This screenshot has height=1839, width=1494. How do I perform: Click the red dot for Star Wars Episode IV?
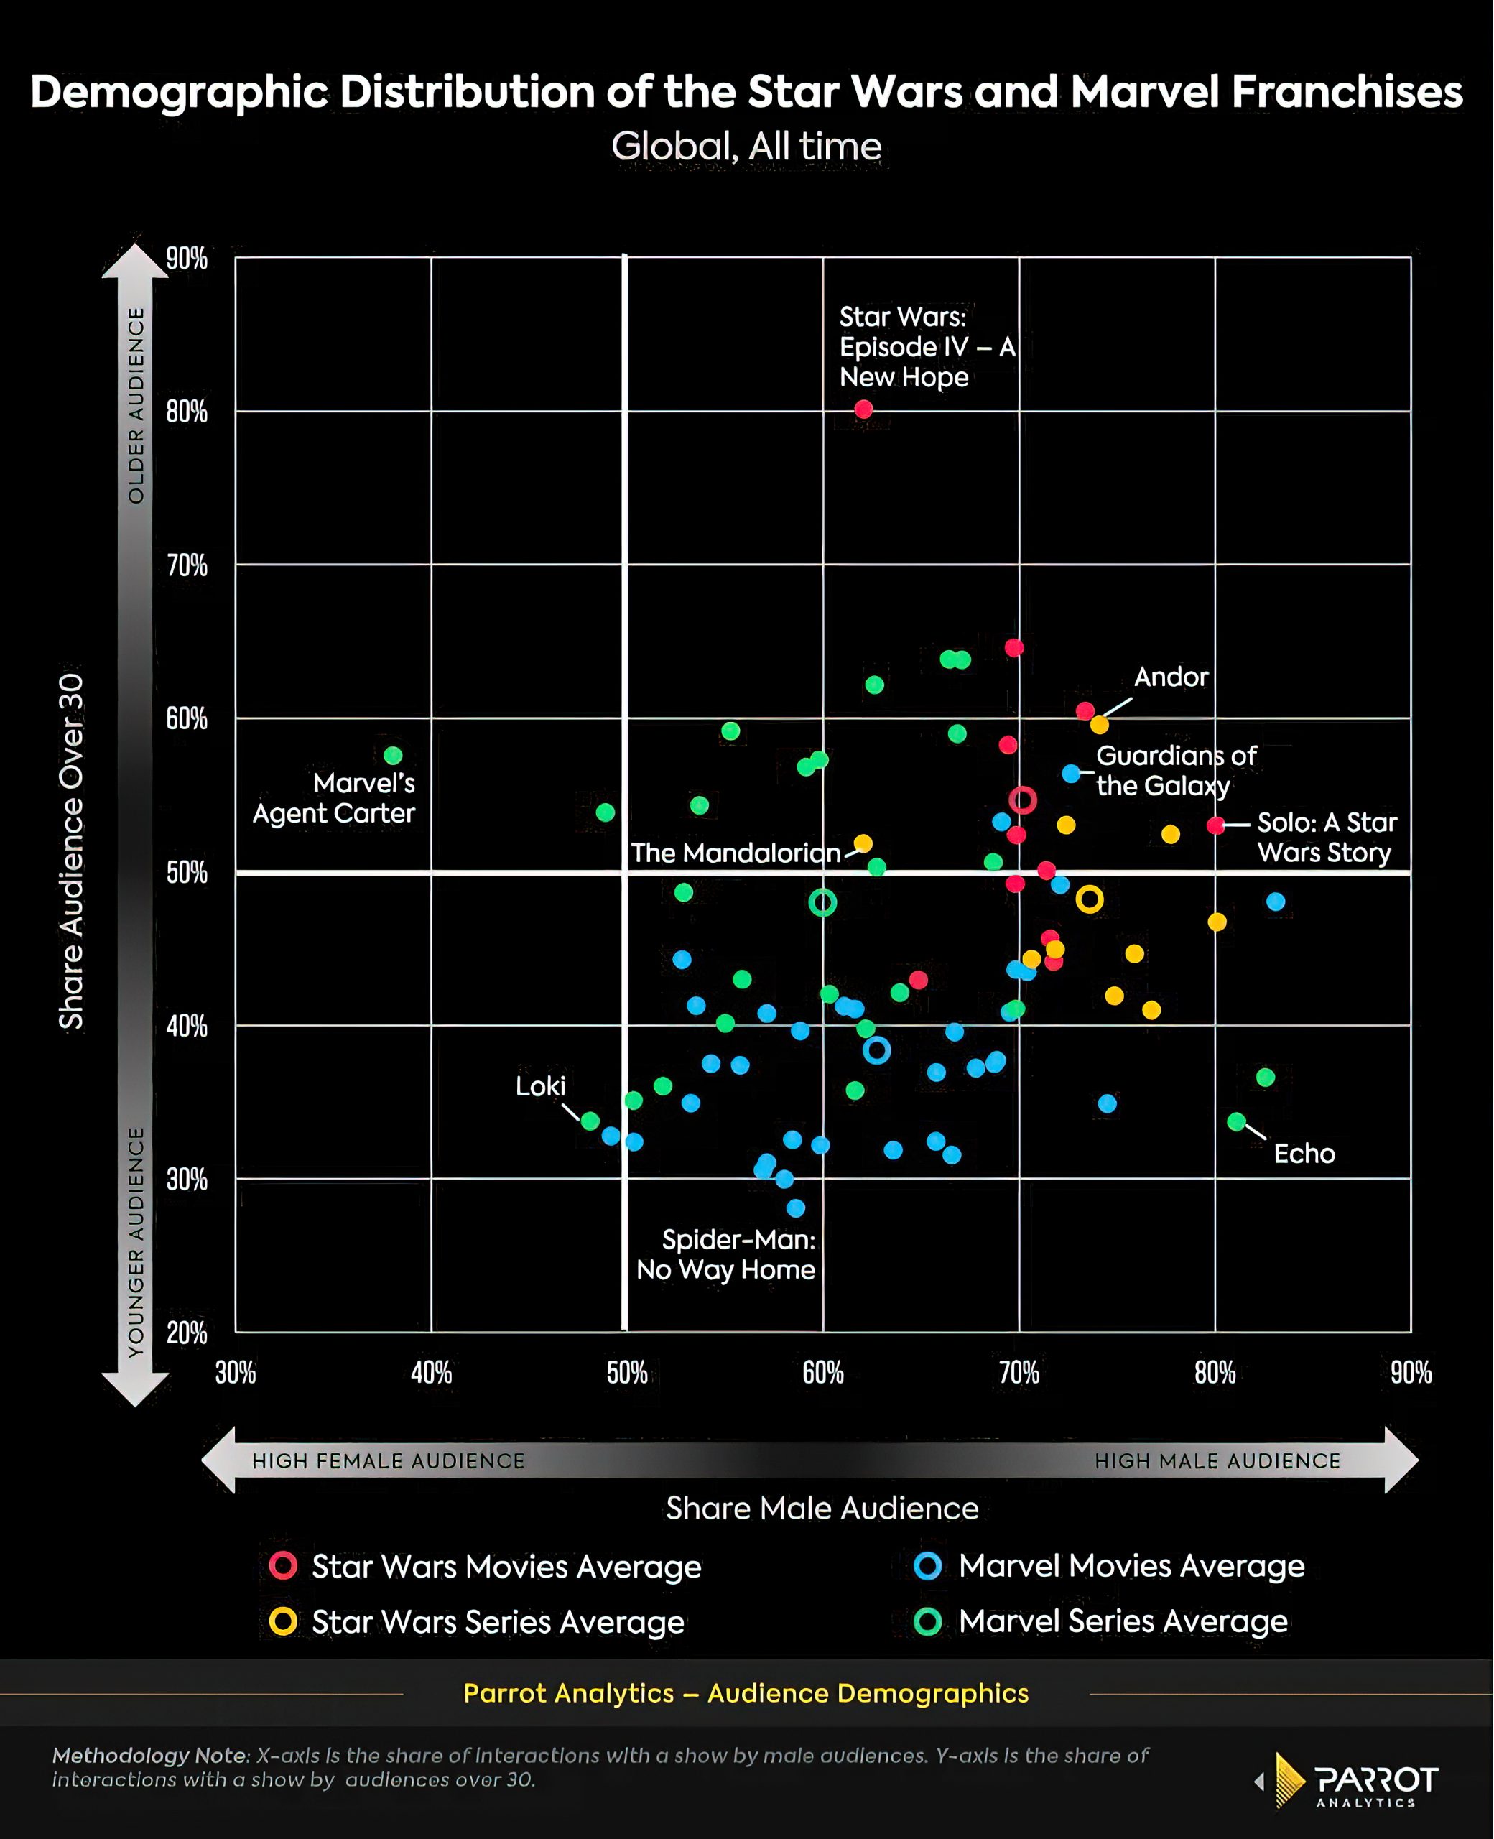click(863, 409)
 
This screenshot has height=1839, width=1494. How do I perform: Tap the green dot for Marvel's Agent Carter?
click(394, 756)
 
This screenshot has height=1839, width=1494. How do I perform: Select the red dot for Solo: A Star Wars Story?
click(1215, 825)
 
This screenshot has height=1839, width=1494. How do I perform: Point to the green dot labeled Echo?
click(1237, 1122)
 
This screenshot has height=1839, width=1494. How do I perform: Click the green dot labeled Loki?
click(590, 1121)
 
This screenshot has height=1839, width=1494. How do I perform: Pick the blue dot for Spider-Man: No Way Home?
click(796, 1208)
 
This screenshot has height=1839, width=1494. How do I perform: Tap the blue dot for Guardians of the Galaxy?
click(1071, 774)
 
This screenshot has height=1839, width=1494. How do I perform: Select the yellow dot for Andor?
click(1099, 725)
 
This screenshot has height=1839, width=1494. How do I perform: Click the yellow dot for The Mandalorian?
click(863, 843)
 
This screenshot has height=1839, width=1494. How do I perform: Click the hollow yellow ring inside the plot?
click(1090, 899)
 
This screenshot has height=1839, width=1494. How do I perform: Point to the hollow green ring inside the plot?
click(822, 903)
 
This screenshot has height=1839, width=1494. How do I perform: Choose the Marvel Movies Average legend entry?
click(1131, 1566)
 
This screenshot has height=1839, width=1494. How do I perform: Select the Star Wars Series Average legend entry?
click(498, 1622)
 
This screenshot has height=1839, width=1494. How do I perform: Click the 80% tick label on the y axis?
click(187, 412)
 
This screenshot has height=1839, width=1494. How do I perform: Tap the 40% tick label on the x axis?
click(431, 1373)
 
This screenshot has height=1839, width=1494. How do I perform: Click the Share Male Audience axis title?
click(822, 1509)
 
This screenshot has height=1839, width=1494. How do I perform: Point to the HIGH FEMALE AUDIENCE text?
click(388, 1460)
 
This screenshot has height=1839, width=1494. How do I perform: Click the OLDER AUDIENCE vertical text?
click(136, 405)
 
